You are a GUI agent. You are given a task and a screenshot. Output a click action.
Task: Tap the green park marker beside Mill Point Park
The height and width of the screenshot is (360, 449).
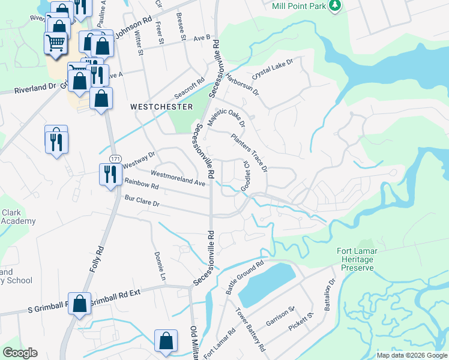pyautogui.click(x=336, y=6)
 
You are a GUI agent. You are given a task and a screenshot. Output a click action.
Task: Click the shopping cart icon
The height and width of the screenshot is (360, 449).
pyautogui.click(x=55, y=43)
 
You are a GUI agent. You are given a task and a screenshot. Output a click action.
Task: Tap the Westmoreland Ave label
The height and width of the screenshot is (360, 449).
pyautogui.click(x=178, y=177)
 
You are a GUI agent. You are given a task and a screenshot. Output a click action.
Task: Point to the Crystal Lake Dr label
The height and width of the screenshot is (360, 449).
pyautogui.click(x=272, y=70)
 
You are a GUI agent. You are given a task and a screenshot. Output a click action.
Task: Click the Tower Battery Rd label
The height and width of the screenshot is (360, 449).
pyautogui.click(x=250, y=329)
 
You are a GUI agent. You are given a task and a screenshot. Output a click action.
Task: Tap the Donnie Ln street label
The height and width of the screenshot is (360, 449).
pyautogui.click(x=160, y=267)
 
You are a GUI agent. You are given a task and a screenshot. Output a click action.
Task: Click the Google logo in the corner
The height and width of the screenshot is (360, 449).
pyautogui.click(x=20, y=353)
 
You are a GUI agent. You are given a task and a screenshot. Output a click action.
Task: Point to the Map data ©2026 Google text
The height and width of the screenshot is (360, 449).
pyautogui.click(x=412, y=355)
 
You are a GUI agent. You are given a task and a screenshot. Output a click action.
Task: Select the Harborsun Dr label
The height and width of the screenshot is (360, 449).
pyautogui.click(x=242, y=85)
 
